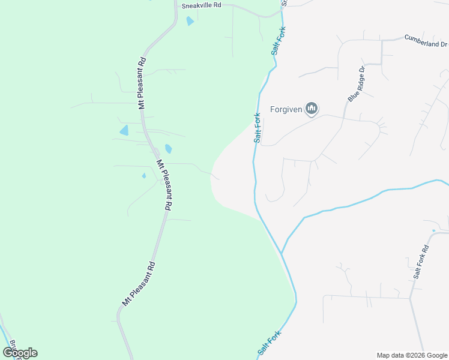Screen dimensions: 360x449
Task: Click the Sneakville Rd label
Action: [x=202, y=5]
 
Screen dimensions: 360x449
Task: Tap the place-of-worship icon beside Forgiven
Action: [x=311, y=109]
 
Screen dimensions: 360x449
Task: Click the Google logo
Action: [x=20, y=352]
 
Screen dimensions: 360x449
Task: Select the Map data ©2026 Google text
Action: [x=411, y=355]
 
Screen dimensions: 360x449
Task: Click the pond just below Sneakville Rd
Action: [x=190, y=21]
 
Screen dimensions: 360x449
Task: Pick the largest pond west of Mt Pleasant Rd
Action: [x=124, y=130]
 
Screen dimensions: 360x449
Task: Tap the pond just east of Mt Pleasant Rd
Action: [x=168, y=148]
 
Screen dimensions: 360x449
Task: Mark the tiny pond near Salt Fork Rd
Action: [x=433, y=230]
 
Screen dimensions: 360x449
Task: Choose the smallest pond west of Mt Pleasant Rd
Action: [x=143, y=176]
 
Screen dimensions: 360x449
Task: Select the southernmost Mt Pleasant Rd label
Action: [x=139, y=284]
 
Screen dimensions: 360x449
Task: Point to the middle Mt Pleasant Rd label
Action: [x=164, y=184]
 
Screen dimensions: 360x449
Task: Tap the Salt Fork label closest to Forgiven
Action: [x=258, y=127]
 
